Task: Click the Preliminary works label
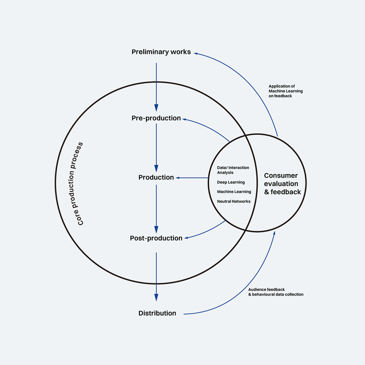tap(161, 52)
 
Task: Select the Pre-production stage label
tap(156, 118)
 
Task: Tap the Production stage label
tap(156, 177)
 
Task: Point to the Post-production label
tap(156, 238)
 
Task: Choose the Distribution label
tap(157, 313)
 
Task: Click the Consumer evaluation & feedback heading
tap(282, 184)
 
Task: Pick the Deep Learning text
tap(231, 182)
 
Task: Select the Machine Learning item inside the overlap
tap(234, 192)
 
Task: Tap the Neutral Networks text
tap(234, 201)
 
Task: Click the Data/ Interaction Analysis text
tap(233, 170)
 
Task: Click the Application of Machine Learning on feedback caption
tap(285, 91)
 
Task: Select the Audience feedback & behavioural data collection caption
tap(276, 292)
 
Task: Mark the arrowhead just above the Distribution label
tap(156, 297)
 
